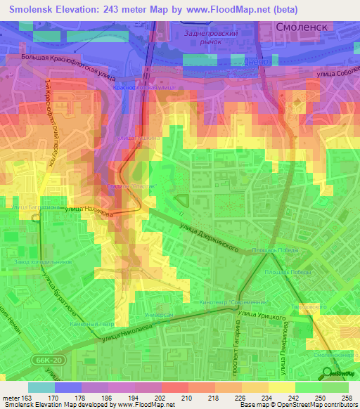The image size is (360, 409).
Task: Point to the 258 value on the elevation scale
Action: pos(348,398)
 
